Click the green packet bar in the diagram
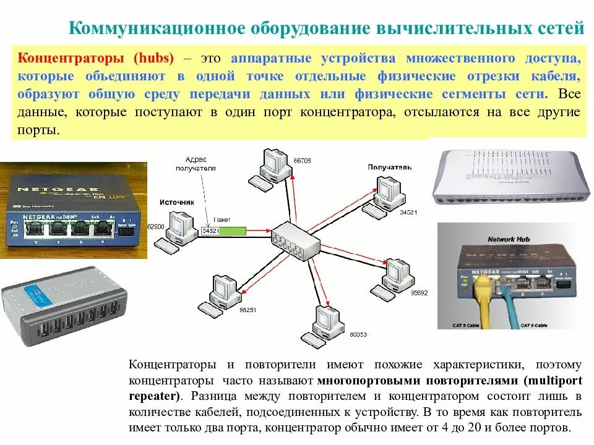pyautogui.click(x=233, y=231)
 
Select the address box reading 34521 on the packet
pyautogui.click(x=210, y=231)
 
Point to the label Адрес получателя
pyautogui.click(x=196, y=163)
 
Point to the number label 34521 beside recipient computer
pyautogui.click(x=409, y=213)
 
